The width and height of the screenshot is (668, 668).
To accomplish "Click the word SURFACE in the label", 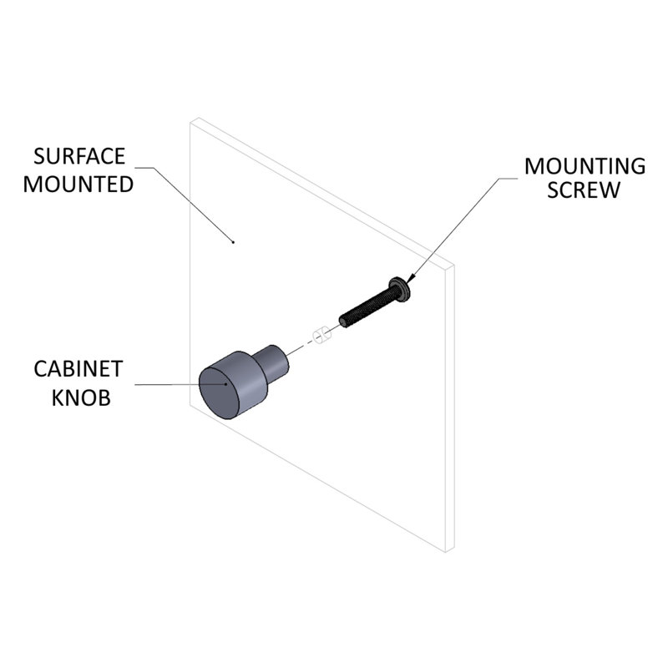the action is click(x=79, y=156).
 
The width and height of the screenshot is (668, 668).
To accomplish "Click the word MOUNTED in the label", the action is click(x=78, y=185).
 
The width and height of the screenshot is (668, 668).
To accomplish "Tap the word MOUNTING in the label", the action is click(x=585, y=166).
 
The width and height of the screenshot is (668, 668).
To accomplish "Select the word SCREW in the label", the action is click(x=584, y=190).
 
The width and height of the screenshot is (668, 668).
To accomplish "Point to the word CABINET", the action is click(x=78, y=369).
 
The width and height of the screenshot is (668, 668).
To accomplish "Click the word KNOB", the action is click(x=81, y=397).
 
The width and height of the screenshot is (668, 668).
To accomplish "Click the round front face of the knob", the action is click(x=220, y=392).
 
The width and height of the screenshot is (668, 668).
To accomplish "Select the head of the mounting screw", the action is click(x=400, y=290).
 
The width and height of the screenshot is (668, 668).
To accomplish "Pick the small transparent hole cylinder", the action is click(x=321, y=336).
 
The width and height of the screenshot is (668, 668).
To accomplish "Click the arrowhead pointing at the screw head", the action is click(x=410, y=278).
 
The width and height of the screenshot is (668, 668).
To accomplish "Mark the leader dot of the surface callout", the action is click(x=233, y=242).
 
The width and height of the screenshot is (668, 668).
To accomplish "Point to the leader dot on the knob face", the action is click(x=225, y=384).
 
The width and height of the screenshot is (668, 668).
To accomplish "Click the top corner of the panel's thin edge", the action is click(x=454, y=265).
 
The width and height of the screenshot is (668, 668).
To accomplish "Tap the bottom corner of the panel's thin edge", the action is click(x=446, y=553).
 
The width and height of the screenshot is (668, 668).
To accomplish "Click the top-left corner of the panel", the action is click(x=190, y=123).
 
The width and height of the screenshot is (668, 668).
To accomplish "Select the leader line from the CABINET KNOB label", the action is click(x=180, y=384).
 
